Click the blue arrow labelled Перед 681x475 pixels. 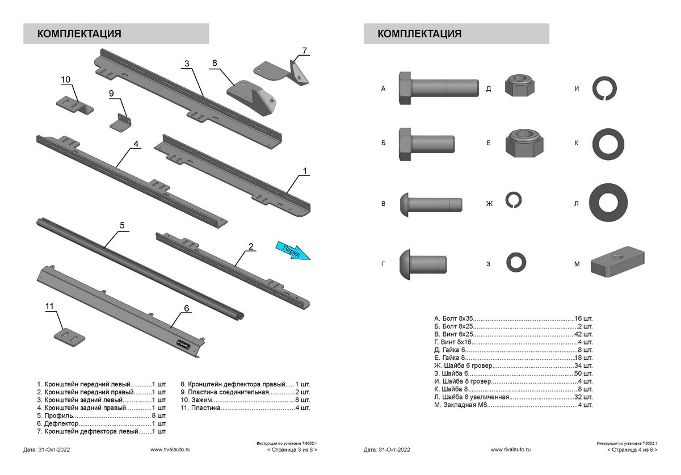point(293,250)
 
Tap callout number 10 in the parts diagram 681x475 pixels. point(65,79)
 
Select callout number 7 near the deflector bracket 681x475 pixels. point(304,51)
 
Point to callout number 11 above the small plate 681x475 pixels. point(50,306)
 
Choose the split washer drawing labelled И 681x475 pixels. point(604,89)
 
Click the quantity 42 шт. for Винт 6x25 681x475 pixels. point(583,335)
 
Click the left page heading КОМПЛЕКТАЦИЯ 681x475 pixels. point(79,33)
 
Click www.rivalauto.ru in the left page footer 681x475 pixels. point(170,449)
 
